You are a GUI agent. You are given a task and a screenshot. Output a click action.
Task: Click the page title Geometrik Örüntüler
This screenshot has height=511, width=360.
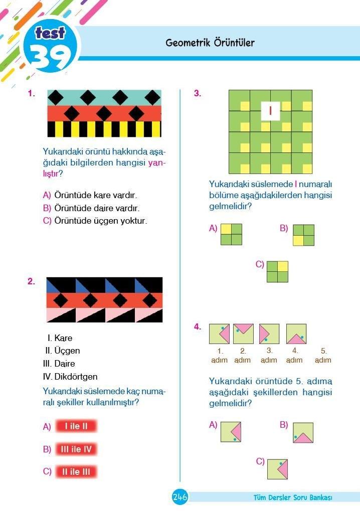point(210,42)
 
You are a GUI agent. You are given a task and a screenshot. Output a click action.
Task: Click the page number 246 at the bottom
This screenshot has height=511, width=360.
point(180,497)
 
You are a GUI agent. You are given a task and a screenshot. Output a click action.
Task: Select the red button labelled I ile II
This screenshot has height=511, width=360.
point(76,426)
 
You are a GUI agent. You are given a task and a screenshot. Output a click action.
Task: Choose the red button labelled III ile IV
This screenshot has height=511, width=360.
point(76,449)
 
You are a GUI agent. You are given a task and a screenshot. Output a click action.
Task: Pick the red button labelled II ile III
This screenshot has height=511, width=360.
point(76,471)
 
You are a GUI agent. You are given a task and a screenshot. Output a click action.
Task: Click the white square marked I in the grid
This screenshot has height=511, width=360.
point(270,111)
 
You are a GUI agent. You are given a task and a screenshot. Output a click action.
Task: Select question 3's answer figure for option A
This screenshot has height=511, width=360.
point(231,234)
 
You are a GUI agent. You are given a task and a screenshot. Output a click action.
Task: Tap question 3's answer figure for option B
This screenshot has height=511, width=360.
point(304,235)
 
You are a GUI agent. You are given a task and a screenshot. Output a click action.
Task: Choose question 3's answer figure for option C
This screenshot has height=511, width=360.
point(277,271)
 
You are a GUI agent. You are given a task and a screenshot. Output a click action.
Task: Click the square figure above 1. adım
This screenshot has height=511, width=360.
point(219,333)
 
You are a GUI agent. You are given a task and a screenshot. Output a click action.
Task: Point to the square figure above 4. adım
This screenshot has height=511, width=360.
point(296,333)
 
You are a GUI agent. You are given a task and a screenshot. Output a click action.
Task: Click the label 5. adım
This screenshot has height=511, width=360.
point(323,356)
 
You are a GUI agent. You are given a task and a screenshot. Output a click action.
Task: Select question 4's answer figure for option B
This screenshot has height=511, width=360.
point(303,433)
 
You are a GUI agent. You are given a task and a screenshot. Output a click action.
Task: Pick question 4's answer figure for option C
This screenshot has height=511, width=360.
point(277,469)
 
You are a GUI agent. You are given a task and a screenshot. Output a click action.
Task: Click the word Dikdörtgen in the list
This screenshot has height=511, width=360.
point(76,377)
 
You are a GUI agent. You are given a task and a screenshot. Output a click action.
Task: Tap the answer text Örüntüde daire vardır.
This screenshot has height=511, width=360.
point(97,208)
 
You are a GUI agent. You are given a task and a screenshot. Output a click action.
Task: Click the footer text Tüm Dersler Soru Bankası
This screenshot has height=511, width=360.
point(293,497)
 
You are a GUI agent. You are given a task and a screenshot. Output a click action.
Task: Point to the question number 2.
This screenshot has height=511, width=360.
point(31,281)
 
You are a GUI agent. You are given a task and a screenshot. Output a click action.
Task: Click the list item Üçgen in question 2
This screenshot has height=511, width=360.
point(67,351)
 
